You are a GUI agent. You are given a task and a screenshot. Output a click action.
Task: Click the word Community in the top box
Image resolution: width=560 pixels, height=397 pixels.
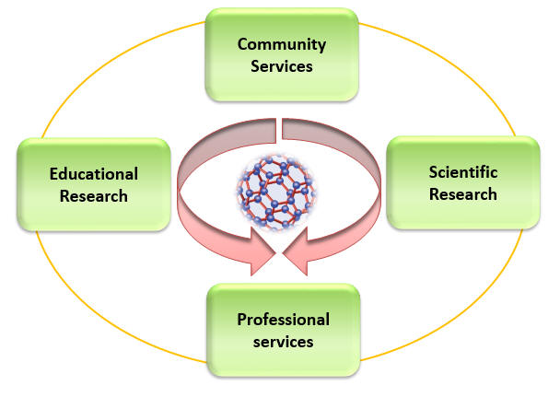281,43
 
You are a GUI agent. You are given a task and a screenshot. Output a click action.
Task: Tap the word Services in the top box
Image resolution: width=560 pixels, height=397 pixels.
281,66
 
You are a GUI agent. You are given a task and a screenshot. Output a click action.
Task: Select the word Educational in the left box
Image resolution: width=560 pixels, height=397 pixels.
93,173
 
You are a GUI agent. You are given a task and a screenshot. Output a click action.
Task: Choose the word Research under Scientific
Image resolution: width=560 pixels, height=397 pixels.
462,193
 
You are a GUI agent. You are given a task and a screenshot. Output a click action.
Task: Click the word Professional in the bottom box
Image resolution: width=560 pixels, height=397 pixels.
283,320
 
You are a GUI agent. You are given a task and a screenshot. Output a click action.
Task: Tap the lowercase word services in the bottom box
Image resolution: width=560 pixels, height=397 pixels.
283,342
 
